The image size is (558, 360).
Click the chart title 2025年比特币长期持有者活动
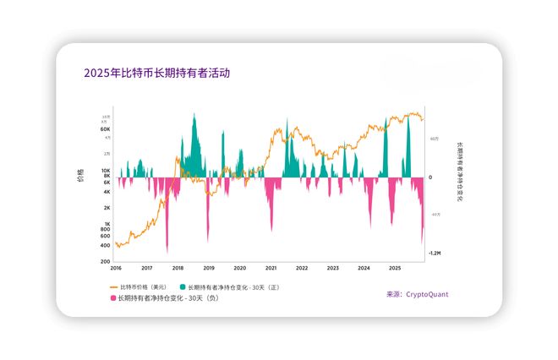click(x=156, y=74)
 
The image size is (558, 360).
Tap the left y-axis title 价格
click(x=80, y=177)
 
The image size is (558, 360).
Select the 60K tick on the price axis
click(x=106, y=129)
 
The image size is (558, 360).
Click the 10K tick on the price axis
click(x=106, y=171)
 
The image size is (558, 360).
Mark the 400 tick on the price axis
click(x=106, y=245)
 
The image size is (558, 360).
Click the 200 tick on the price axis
click(x=106, y=261)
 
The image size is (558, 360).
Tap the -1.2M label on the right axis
click(x=434, y=253)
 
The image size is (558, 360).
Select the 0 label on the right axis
click(x=430, y=177)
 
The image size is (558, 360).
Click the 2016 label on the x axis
click(x=116, y=268)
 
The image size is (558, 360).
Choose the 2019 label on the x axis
click(x=209, y=268)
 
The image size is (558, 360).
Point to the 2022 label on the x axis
click(x=302, y=268)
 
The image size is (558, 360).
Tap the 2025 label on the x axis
click(x=395, y=268)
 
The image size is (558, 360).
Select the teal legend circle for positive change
click(x=181, y=286)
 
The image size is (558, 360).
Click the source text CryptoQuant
click(x=427, y=295)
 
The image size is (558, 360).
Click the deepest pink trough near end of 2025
click(x=423, y=243)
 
